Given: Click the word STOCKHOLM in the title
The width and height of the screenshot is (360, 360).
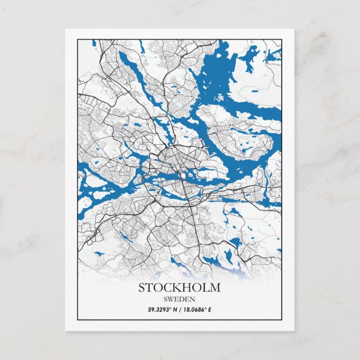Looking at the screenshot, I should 179,288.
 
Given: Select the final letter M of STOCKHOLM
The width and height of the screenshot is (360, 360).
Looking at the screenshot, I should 215,288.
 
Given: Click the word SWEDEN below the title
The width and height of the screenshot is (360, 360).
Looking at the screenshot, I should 179,299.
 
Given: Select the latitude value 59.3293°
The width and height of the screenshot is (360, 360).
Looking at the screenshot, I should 161,309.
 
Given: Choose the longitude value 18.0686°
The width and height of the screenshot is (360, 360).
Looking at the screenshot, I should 198,309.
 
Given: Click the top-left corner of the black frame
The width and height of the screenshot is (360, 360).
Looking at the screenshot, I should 77,39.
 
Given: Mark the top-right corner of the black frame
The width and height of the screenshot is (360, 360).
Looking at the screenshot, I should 282,39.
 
